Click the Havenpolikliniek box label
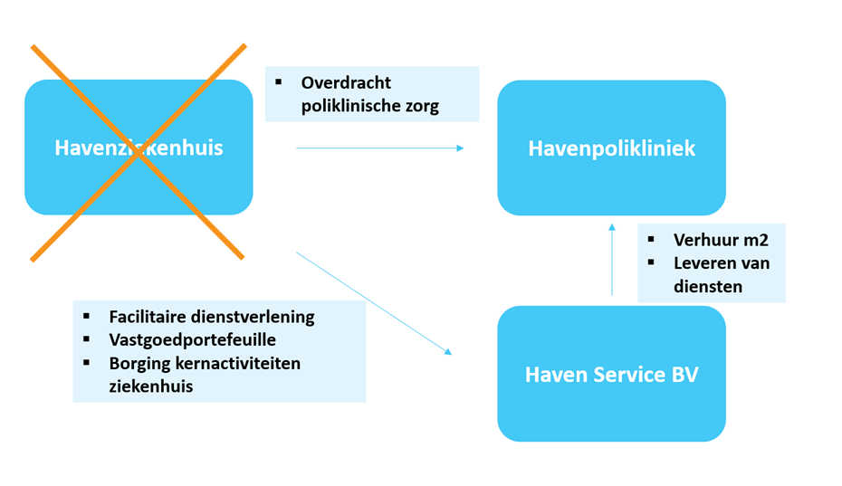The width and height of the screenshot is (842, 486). (612, 148)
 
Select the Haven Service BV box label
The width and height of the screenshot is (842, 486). (612, 375)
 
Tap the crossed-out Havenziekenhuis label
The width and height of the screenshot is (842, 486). (139, 148)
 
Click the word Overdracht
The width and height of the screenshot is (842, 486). (346, 82)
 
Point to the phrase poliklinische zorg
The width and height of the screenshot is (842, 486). (370, 106)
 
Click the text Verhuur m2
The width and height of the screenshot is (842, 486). (721, 240)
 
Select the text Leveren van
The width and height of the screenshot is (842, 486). (722, 263)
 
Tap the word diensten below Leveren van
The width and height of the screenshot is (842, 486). (708, 286)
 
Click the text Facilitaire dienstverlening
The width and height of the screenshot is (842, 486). (212, 317)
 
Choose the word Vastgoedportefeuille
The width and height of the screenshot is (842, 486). (192, 340)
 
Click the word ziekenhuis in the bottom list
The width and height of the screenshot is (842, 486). (151, 386)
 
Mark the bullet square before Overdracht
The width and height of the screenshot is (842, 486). (278, 82)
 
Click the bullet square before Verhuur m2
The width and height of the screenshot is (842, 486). (651, 240)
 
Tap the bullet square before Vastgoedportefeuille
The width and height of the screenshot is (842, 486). (86, 339)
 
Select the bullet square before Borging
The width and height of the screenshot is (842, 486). (86, 363)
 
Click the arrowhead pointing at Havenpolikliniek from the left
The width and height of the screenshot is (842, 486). (460, 148)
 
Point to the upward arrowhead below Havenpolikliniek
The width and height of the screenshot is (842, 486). (612, 228)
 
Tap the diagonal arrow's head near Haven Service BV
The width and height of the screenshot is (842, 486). (448, 352)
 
